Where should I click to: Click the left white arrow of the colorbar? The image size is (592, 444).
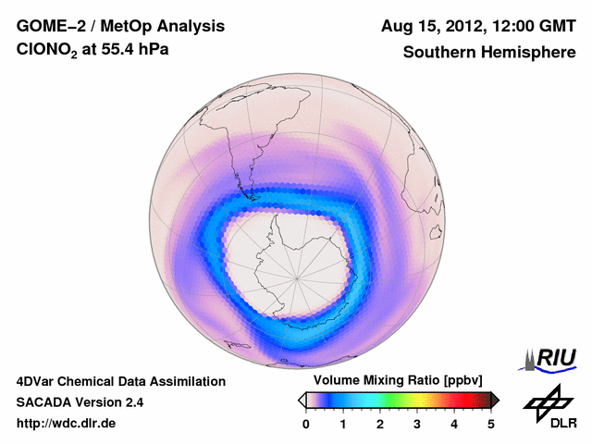point(302,400)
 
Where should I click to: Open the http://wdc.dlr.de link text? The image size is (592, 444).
point(67,424)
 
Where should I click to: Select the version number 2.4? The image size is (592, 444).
point(131,402)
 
